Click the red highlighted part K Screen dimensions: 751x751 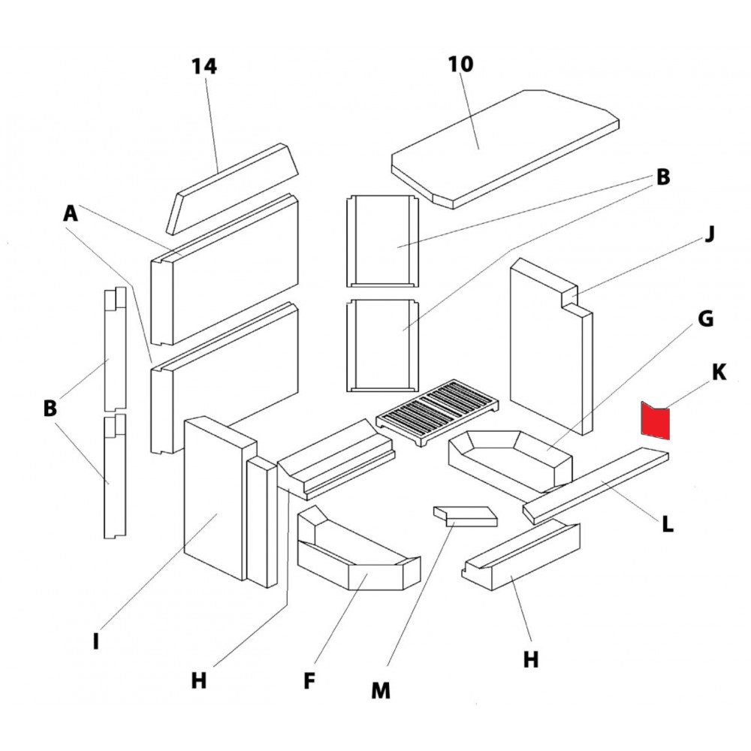click(x=656, y=421)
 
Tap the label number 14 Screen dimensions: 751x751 click(x=204, y=66)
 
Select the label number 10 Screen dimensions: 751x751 click(x=461, y=64)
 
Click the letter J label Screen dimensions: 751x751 click(x=710, y=234)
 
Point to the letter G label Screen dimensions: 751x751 click(x=705, y=318)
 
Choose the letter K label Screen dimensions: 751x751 click(x=719, y=372)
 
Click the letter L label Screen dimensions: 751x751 click(x=667, y=523)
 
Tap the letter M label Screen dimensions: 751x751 click(x=381, y=691)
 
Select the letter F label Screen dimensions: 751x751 click(x=309, y=680)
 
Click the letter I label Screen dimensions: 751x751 click(x=96, y=641)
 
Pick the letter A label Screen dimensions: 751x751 click(x=71, y=213)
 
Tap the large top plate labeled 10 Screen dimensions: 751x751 click(x=505, y=149)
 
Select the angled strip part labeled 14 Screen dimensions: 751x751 click(x=232, y=189)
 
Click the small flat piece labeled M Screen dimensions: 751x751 click(x=466, y=517)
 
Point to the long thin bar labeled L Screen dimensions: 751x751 click(x=596, y=486)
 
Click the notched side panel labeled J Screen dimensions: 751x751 click(x=551, y=345)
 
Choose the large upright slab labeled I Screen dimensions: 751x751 click(x=220, y=498)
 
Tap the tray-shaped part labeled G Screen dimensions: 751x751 click(x=510, y=461)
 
